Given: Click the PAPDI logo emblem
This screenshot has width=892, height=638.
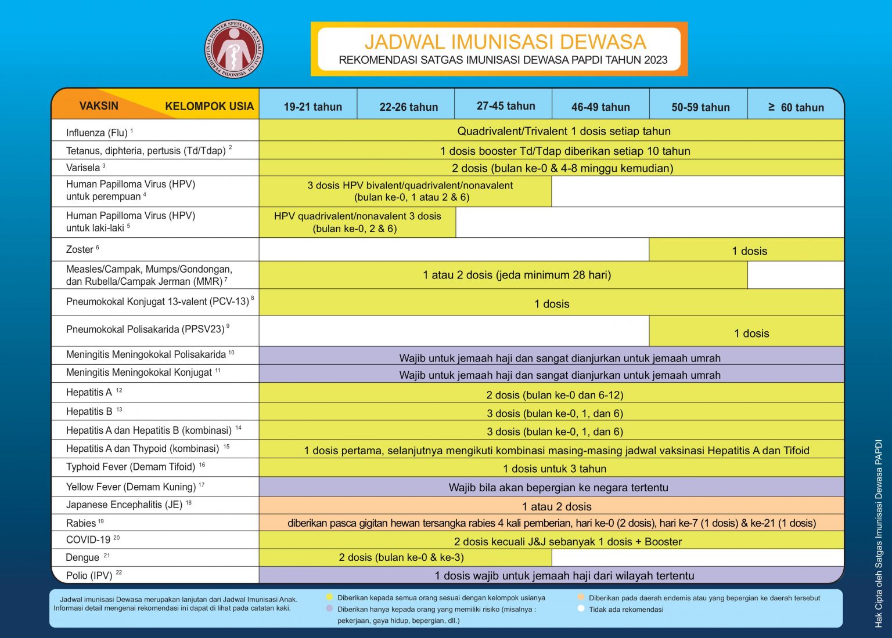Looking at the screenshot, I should (234, 49).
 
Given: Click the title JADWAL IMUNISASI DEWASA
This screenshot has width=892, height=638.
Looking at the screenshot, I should (505, 42).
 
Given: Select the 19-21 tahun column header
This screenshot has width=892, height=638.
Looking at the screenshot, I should (312, 107).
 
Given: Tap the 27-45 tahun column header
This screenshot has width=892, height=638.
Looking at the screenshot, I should (506, 106).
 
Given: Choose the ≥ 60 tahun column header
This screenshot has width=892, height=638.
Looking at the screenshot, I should (796, 107).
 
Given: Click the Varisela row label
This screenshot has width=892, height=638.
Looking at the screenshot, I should (83, 168).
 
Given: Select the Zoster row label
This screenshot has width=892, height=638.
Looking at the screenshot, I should (80, 249).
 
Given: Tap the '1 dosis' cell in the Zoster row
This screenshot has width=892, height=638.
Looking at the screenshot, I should (749, 251).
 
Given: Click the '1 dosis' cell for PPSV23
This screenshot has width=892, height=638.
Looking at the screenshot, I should (751, 333).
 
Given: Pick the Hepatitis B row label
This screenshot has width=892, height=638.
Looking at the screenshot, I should (89, 411).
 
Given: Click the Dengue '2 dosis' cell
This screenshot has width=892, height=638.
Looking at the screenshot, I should (401, 557).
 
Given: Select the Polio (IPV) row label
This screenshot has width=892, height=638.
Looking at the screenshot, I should (89, 575).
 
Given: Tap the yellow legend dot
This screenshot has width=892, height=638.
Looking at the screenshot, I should (329, 597).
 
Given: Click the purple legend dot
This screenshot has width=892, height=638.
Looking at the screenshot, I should (329, 609).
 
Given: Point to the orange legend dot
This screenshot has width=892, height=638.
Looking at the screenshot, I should (581, 597).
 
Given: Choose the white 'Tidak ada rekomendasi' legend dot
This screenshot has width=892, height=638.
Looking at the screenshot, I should (581, 609).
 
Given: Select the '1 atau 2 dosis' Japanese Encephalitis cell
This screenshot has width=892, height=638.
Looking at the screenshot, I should (556, 506).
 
